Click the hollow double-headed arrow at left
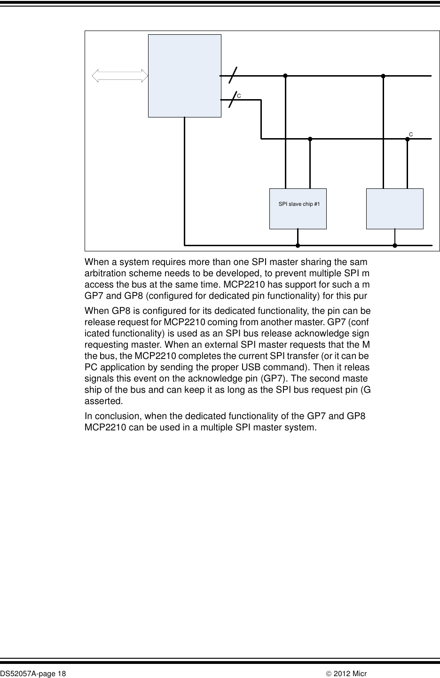point(120,76)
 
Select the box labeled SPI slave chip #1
point(298,209)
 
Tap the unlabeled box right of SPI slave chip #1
point(394,209)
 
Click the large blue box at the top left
point(184,76)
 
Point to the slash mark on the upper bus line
point(232,75)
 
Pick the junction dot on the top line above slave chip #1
point(285,76)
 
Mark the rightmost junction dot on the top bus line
point(383,76)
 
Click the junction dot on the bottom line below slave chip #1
point(298,245)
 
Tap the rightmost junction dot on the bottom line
point(395,245)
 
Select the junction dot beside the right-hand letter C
point(407,139)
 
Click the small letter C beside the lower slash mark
point(239,96)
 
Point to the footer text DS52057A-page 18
point(33,674)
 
